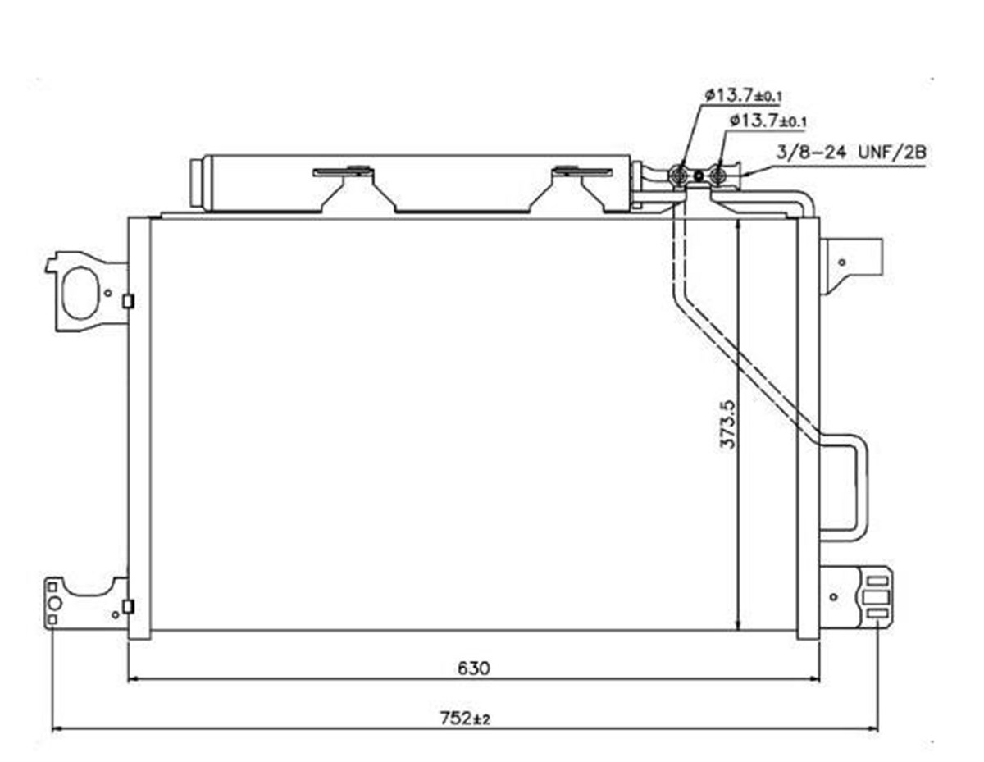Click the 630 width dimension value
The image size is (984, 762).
pyautogui.click(x=474, y=668)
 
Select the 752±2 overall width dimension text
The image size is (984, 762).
pyautogui.click(x=465, y=718)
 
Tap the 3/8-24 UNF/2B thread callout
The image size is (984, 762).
pyautogui.click(x=851, y=153)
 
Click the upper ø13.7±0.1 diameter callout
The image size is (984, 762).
pyautogui.click(x=743, y=95)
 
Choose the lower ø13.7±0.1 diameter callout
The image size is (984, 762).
pyautogui.click(x=768, y=121)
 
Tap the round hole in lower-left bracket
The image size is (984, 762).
pyautogui.click(x=54, y=604)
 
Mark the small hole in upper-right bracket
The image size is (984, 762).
pyautogui.click(x=842, y=262)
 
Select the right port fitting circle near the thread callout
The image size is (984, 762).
pyautogui.click(x=718, y=175)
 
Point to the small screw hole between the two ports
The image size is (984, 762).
pyautogui.click(x=699, y=175)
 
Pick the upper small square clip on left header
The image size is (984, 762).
pyautogui.click(x=129, y=301)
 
